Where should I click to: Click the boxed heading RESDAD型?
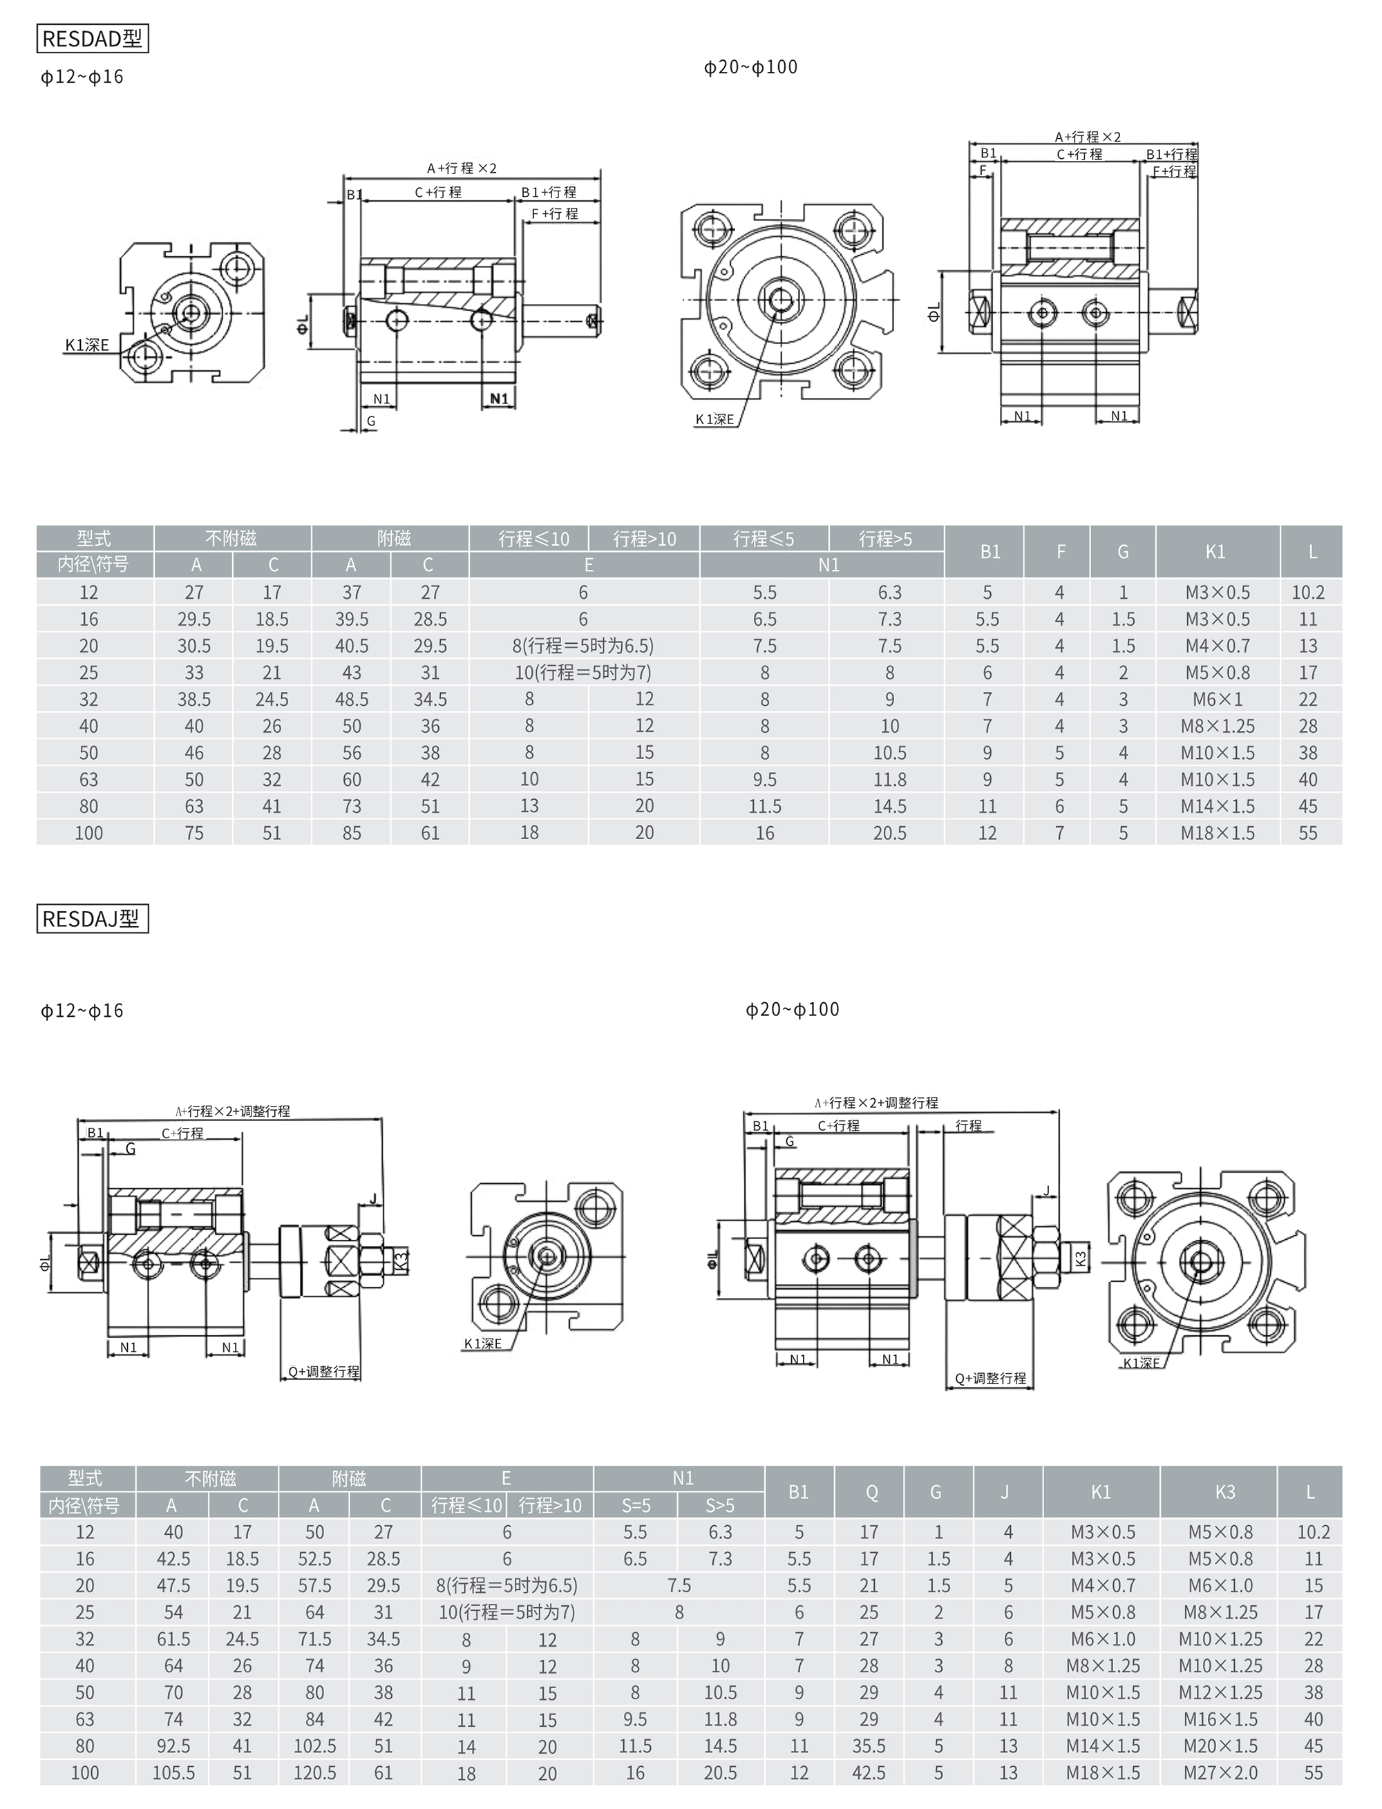tap(92, 39)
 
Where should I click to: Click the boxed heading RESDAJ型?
tap(92, 919)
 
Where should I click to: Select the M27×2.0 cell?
tap(1221, 1772)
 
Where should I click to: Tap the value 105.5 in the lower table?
tap(173, 1772)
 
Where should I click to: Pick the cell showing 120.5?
tap(314, 1772)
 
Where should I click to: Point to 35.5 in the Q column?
tap(869, 1745)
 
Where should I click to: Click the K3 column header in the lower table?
tap(1225, 1491)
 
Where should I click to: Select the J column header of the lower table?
tap(1005, 1491)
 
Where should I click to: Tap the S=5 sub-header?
tap(635, 1506)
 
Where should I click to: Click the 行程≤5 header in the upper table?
tap(764, 539)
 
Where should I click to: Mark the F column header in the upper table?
tap(1061, 552)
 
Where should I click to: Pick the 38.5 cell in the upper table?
tap(194, 699)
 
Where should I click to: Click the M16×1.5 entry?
tap(1221, 1719)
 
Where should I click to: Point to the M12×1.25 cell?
tap(1221, 1692)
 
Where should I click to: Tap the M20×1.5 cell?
tap(1221, 1745)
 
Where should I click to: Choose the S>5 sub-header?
tap(720, 1506)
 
